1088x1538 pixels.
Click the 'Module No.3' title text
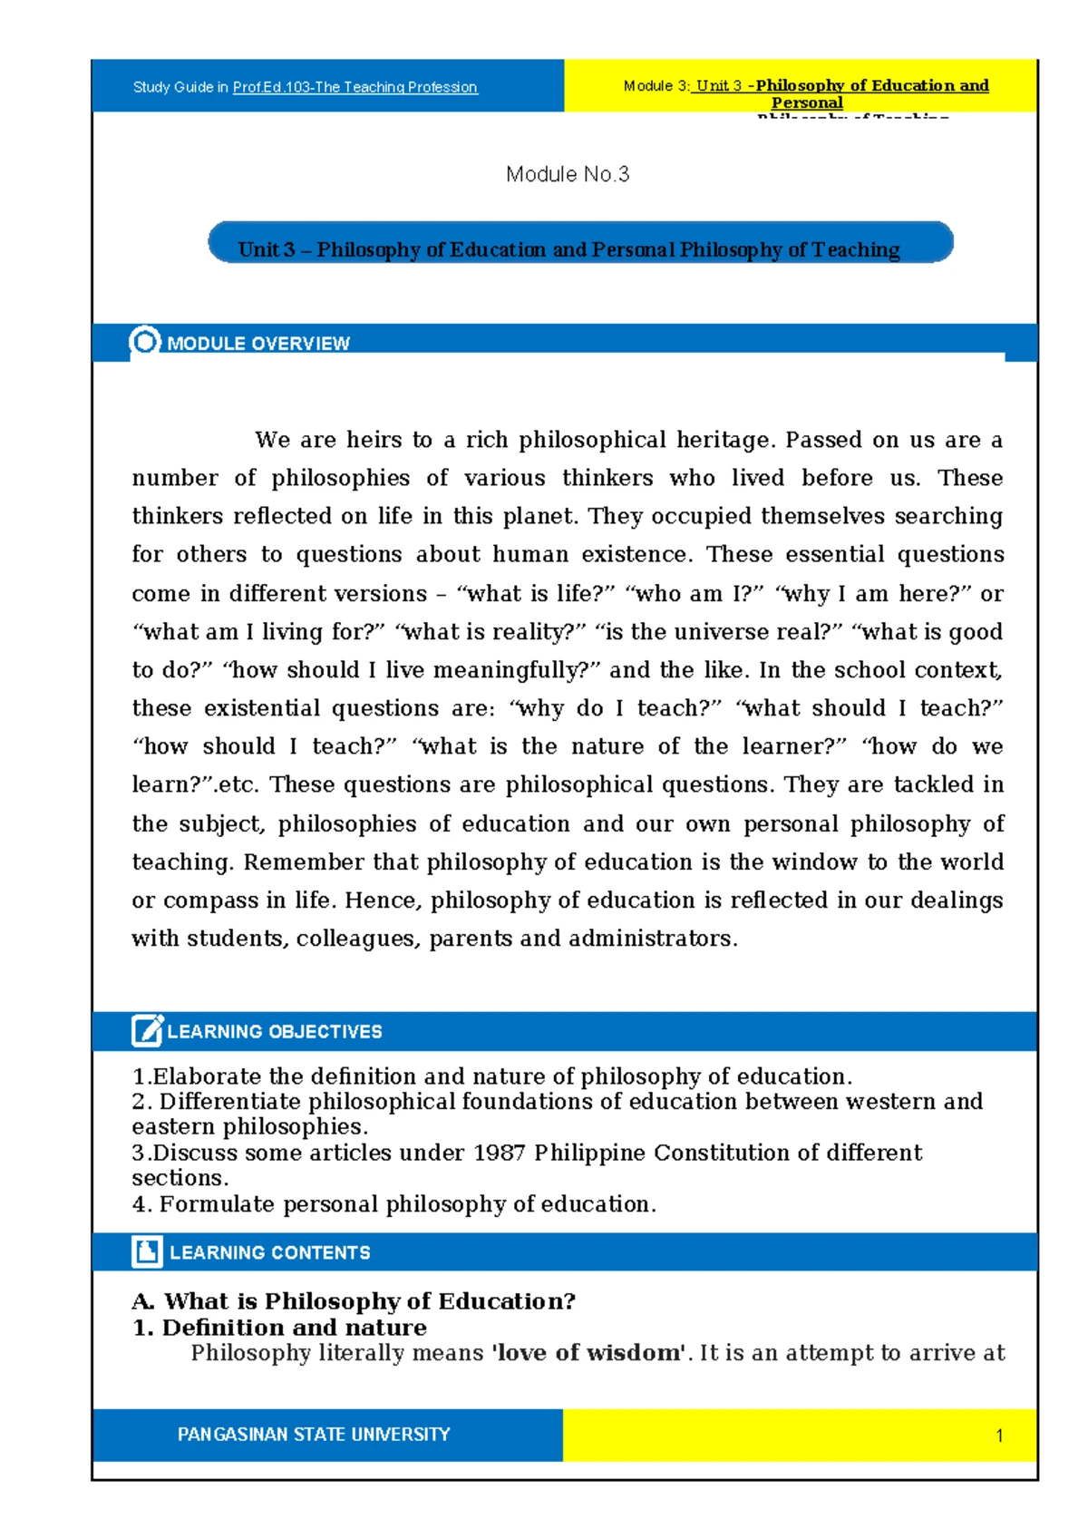[x=568, y=174]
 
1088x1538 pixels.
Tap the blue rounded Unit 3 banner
[x=580, y=243]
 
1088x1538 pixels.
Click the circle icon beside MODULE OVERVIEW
[x=145, y=342]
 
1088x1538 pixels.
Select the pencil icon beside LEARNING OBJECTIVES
[x=147, y=1031]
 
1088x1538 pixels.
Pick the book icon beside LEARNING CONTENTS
[x=147, y=1251]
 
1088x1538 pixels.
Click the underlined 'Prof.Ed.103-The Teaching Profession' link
[x=355, y=87]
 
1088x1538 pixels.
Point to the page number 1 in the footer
[x=999, y=1436]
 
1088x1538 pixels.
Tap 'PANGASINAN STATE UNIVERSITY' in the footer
[x=314, y=1435]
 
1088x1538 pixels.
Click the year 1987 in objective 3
[x=499, y=1153]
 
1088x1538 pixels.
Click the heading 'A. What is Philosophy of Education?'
[x=354, y=1301]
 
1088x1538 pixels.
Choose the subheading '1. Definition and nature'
[x=279, y=1328]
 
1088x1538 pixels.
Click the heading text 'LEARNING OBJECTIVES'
[x=275, y=1032]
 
